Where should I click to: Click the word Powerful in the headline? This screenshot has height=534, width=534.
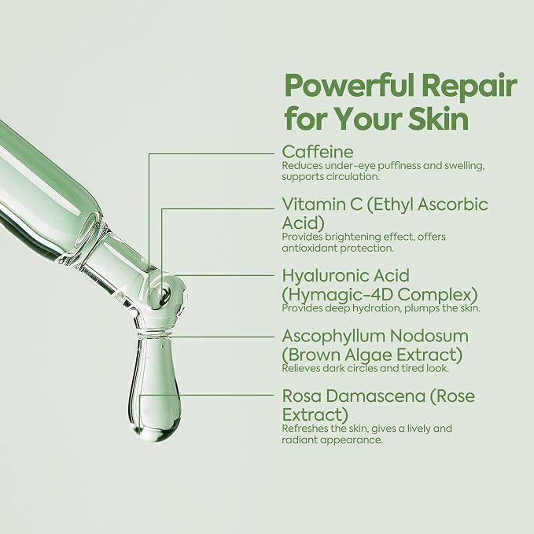tap(350, 86)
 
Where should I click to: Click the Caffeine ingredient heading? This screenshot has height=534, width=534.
tap(318, 152)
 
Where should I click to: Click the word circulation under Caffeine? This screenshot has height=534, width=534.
tap(353, 177)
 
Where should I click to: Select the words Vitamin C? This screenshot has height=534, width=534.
tap(322, 204)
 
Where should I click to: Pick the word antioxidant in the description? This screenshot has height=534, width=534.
tap(309, 249)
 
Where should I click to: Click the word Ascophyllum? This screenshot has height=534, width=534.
tap(333, 337)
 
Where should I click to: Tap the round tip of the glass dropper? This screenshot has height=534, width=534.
tap(163, 292)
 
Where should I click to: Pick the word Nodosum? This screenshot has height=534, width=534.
tap(429, 337)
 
